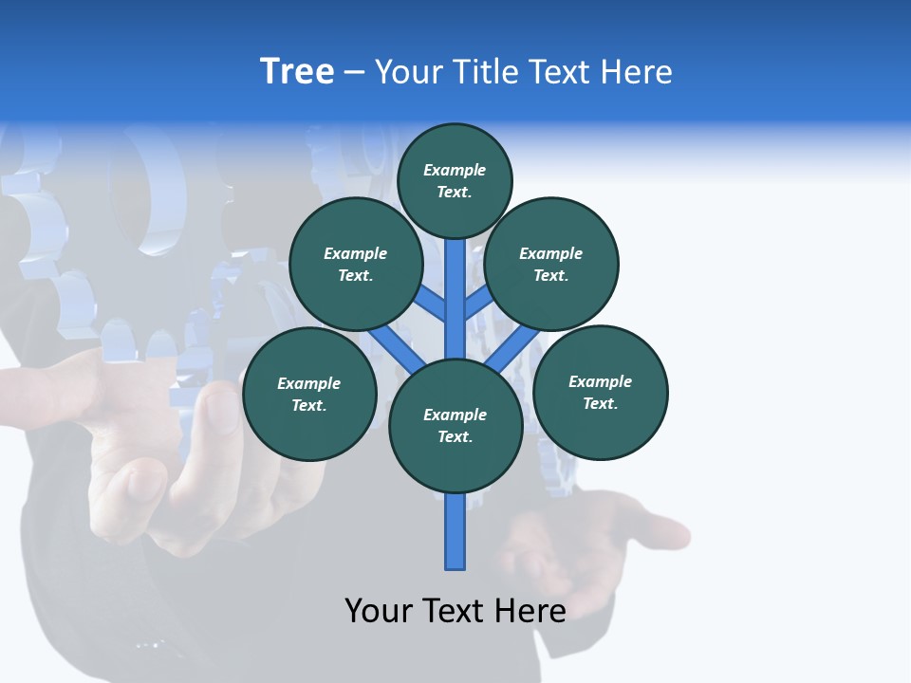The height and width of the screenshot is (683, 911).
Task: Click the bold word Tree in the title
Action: point(297,72)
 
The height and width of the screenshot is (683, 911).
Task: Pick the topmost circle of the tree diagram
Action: point(455,180)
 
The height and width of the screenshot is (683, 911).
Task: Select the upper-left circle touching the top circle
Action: point(356,264)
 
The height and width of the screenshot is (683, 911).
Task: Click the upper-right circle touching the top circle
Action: point(551,264)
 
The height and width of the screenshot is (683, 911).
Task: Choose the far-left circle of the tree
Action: point(309,394)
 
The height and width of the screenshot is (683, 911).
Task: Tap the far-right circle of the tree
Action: point(600,392)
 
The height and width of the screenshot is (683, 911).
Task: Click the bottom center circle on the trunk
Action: point(455,425)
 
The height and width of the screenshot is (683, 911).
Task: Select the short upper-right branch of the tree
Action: point(477,304)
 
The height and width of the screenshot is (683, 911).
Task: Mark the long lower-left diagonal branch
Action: point(397,348)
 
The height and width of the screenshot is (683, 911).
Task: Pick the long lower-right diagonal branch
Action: point(513,349)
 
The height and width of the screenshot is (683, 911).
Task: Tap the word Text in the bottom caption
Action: point(455,611)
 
